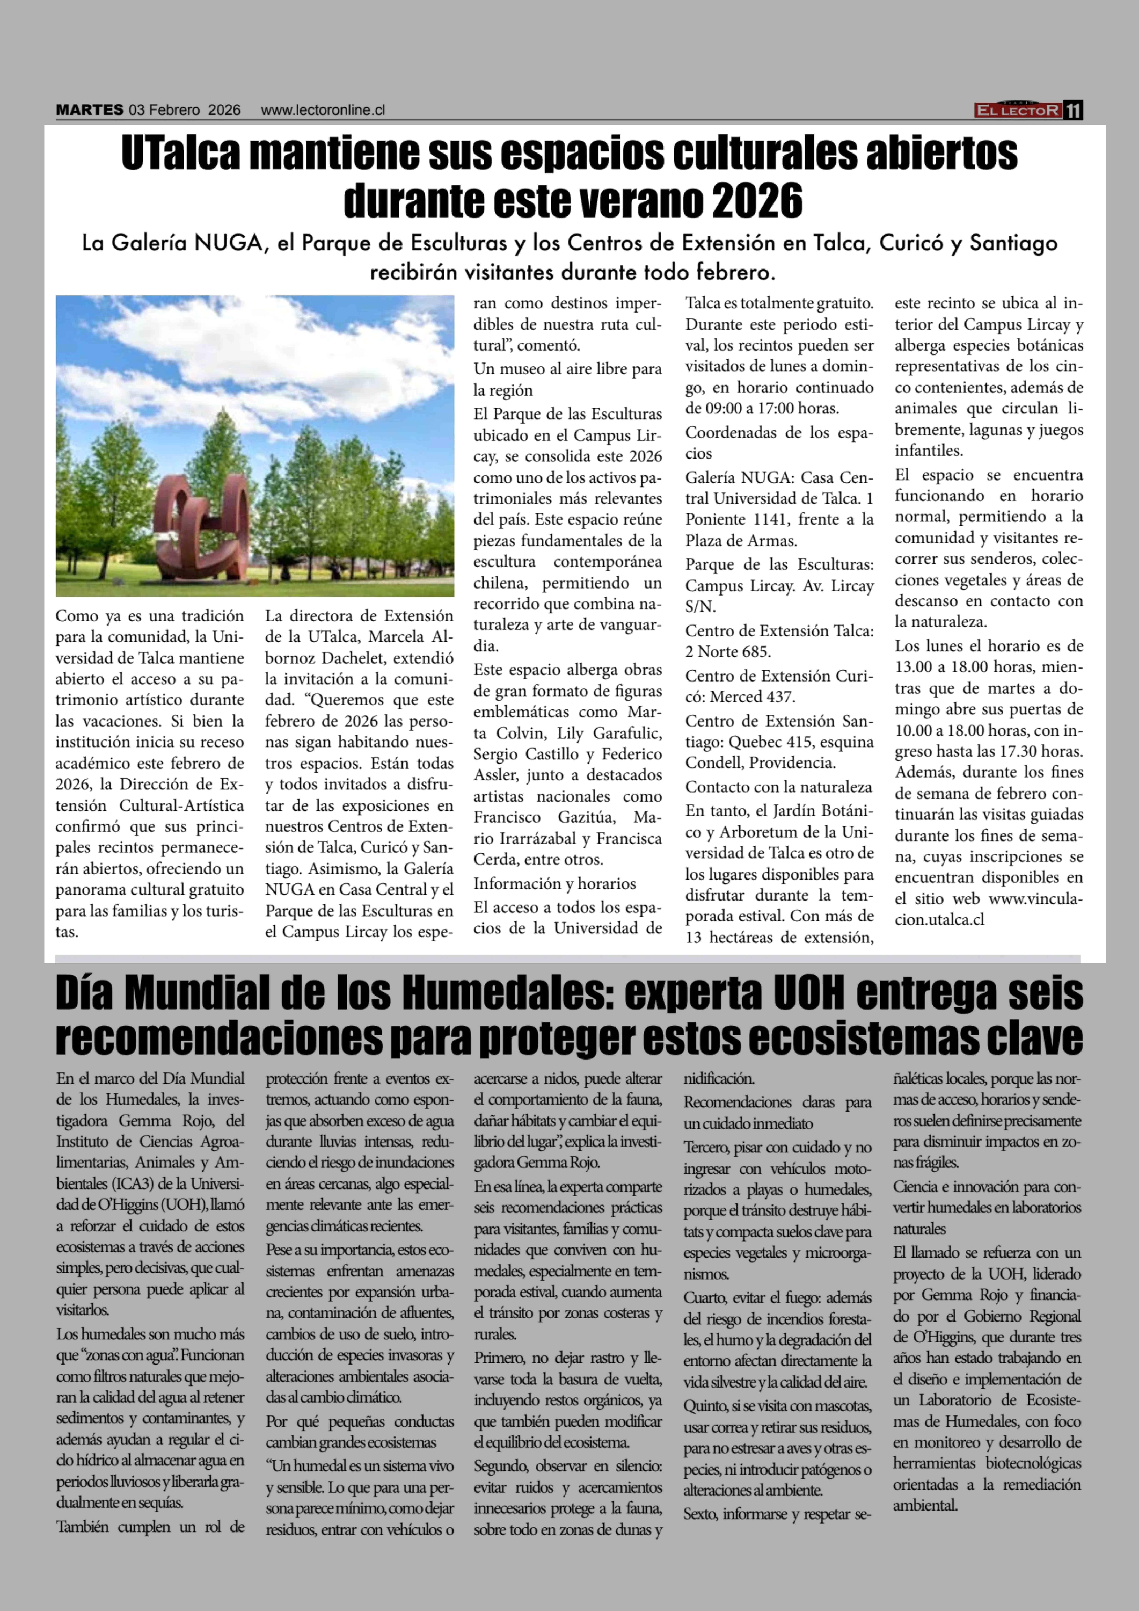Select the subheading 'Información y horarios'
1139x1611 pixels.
point(554,883)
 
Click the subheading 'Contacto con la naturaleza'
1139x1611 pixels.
point(778,787)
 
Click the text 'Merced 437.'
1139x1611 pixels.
point(752,697)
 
